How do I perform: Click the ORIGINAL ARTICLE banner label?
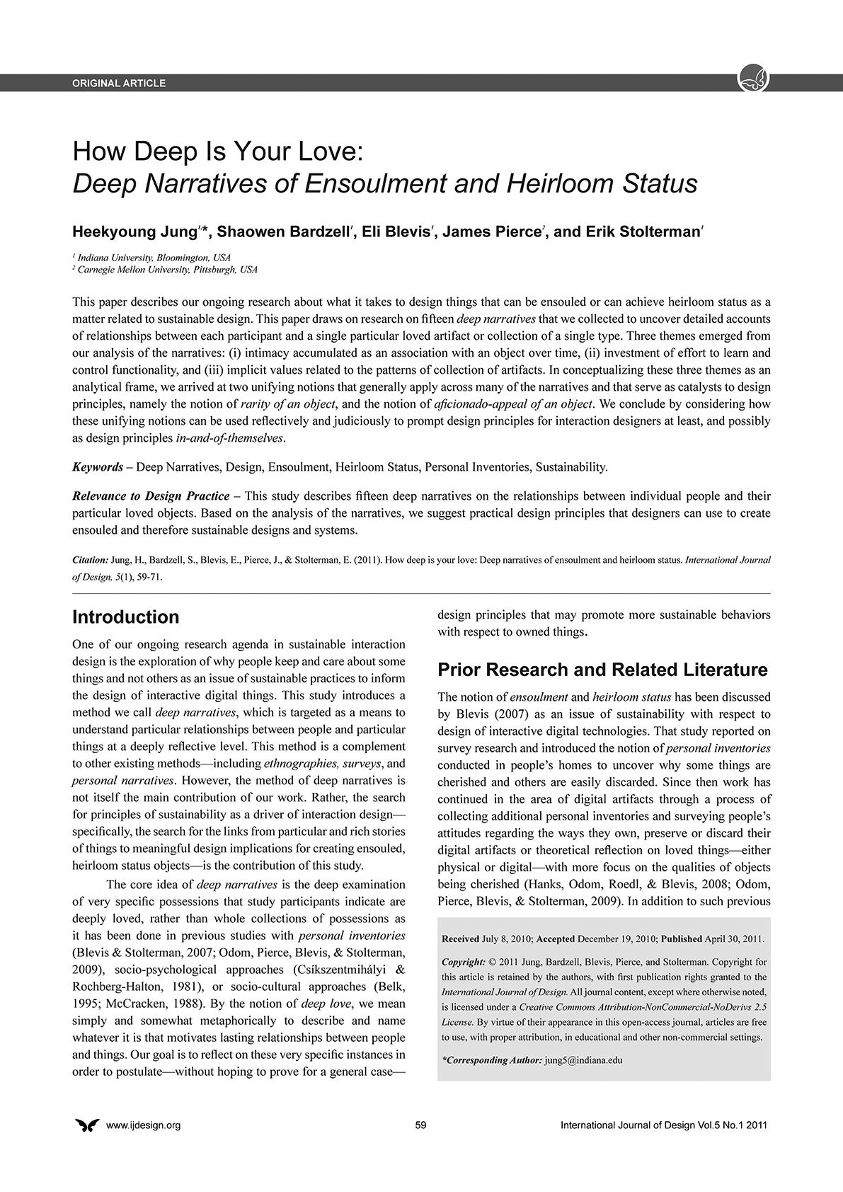(x=119, y=83)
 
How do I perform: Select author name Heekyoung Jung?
(x=134, y=232)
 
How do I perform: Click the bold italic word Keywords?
(x=98, y=467)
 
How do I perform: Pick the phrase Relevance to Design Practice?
(x=151, y=495)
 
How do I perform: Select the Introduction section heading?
(x=125, y=617)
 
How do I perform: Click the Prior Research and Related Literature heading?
(x=602, y=670)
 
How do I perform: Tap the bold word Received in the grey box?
(x=460, y=939)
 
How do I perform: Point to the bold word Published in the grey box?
(x=681, y=939)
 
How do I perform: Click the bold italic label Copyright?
(x=463, y=963)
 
